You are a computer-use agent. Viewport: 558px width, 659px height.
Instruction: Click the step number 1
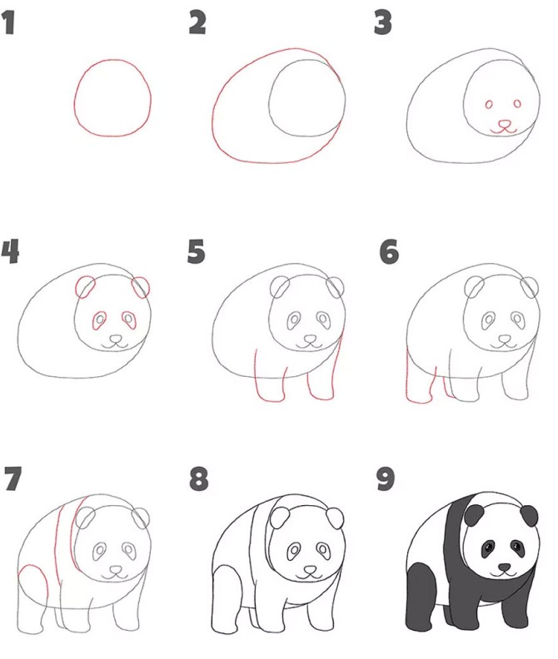[x=8, y=23]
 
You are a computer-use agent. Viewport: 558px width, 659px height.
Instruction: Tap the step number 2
[x=197, y=23]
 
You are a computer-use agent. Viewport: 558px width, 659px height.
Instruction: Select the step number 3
[x=382, y=23]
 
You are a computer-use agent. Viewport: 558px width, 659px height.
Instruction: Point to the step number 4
[x=10, y=251]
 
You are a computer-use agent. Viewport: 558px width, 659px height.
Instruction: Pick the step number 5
[x=196, y=251]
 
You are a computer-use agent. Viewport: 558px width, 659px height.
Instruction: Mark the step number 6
[x=389, y=251]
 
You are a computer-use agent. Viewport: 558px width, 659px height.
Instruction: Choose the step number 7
[x=13, y=479]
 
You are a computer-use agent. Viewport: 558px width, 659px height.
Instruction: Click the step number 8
[x=198, y=479]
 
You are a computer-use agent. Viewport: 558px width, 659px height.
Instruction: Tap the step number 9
[x=386, y=479]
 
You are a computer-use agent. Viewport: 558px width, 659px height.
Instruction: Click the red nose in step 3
[x=504, y=124]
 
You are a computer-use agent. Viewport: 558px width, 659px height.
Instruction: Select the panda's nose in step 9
[x=504, y=567]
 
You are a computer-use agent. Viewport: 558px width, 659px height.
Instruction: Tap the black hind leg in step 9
[x=420, y=597]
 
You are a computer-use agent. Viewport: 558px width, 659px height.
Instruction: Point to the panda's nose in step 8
[x=310, y=569]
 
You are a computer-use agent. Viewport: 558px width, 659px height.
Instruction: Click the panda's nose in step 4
[x=116, y=338]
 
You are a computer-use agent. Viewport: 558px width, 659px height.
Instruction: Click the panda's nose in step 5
[x=310, y=339]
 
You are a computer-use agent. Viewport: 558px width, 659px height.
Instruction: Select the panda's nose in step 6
[x=504, y=339]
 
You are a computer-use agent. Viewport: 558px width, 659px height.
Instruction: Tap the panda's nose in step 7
[x=116, y=569]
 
